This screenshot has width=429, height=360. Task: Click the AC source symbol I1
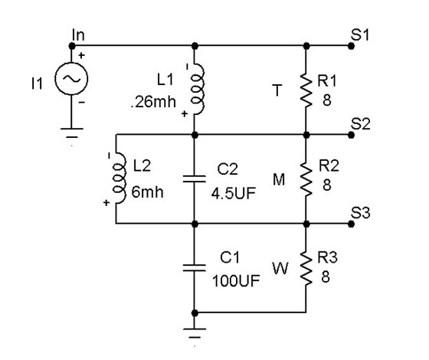click(71, 78)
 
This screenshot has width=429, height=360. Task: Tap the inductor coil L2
click(120, 178)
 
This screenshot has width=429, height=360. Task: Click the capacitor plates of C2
click(195, 178)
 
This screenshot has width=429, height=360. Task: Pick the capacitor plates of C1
click(195, 267)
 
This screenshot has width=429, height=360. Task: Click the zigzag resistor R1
click(306, 89)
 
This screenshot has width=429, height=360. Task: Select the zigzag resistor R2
click(306, 178)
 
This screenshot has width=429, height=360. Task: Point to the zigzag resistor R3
click(306, 268)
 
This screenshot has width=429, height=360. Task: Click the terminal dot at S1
click(351, 46)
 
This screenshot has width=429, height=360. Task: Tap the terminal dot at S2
click(351, 135)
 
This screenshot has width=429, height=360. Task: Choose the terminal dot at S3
click(351, 224)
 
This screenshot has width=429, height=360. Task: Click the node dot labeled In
click(72, 46)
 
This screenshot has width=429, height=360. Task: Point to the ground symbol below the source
click(72, 133)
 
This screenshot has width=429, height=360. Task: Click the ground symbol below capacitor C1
click(195, 333)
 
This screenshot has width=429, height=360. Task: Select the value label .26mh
click(153, 102)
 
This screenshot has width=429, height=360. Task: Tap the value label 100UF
click(236, 281)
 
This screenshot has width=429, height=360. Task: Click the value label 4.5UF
click(234, 193)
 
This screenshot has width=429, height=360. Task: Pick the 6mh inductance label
click(147, 192)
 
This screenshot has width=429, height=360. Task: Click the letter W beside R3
click(280, 268)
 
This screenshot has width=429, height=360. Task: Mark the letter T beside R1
click(277, 90)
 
